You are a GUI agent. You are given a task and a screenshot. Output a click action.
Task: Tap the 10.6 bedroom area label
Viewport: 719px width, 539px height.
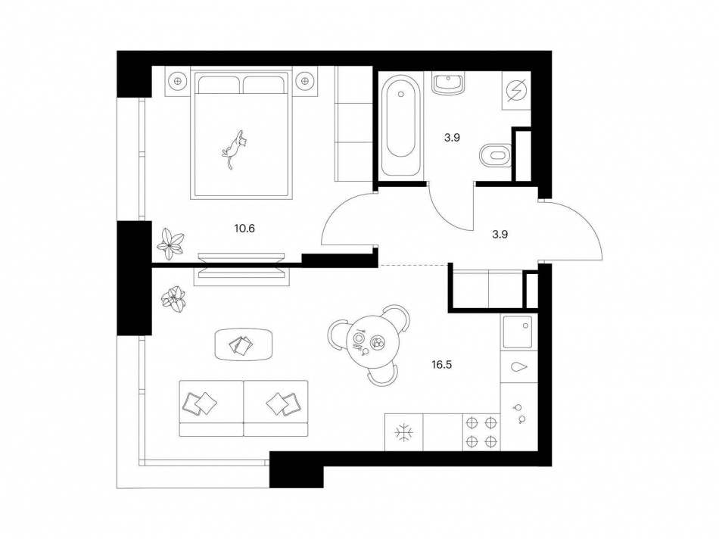pos(244,228)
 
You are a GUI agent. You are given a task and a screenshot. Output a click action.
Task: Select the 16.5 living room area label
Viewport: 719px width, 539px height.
pos(441,365)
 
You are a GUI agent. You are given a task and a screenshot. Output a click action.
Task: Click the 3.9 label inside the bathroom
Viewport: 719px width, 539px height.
pos(452,138)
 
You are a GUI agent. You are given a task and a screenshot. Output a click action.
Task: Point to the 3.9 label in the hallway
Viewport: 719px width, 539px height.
pos(500,235)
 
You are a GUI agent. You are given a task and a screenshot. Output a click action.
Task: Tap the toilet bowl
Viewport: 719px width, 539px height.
pos(495,155)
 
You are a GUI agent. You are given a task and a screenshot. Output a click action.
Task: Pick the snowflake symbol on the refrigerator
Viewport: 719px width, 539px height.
pos(404,433)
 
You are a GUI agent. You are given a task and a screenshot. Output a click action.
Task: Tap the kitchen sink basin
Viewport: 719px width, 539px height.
pos(518,332)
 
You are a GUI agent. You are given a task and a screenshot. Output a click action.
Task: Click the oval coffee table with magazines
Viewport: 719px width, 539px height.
pos(244,344)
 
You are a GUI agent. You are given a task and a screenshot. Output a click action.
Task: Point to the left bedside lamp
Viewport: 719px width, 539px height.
pos(178,81)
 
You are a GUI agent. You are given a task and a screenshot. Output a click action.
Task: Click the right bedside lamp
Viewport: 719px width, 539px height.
pos(304,81)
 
